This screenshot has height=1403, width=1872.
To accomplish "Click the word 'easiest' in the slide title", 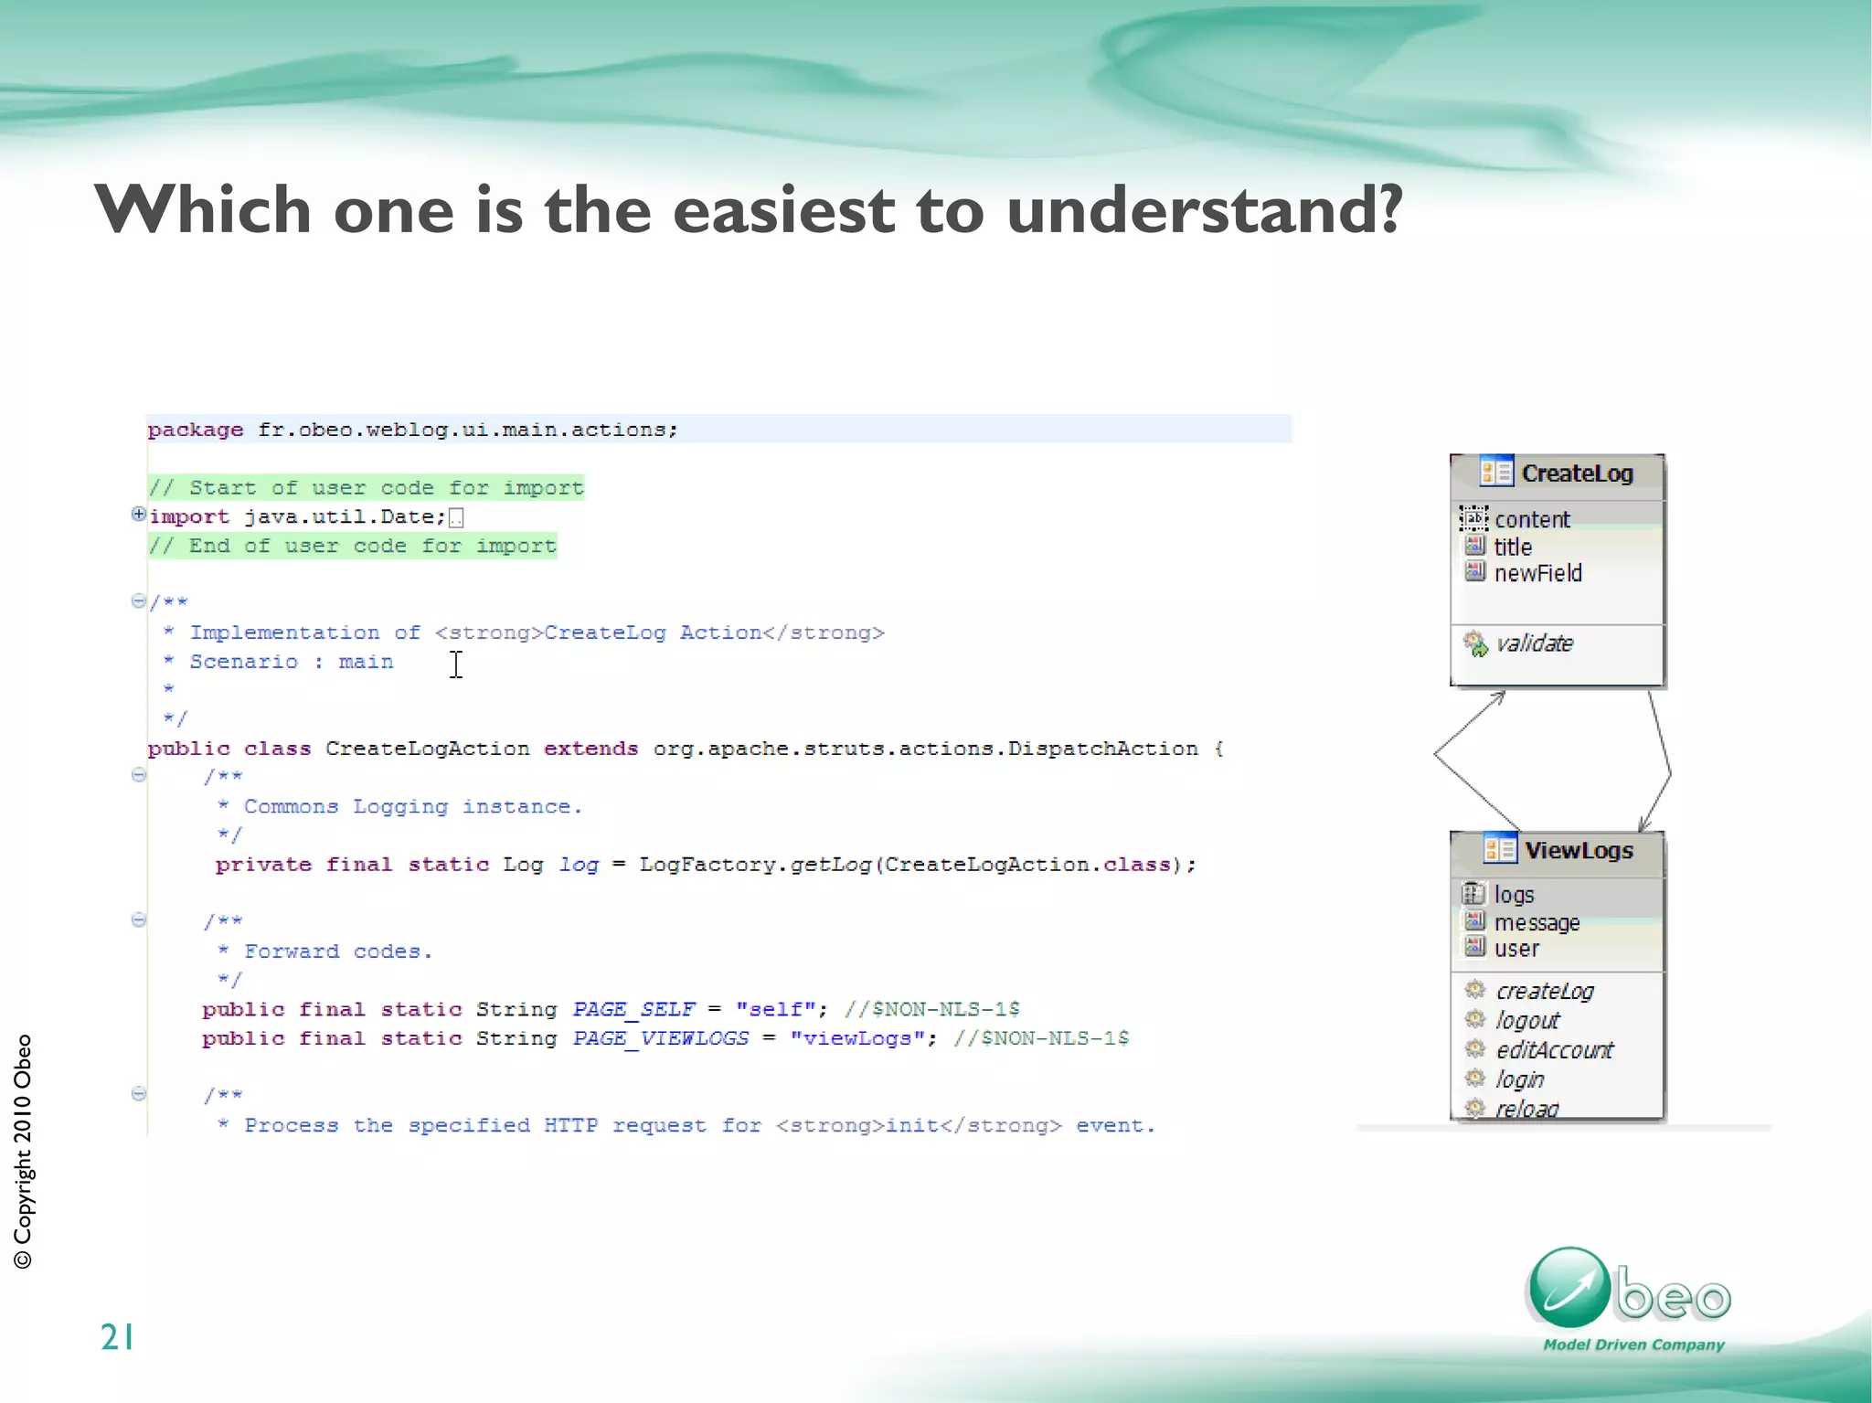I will pos(783,210).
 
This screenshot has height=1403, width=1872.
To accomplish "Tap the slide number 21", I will pos(117,1337).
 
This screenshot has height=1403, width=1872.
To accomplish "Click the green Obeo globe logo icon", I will pos(1569,1287).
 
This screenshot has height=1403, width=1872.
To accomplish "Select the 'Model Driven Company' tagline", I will pos(1633,1345).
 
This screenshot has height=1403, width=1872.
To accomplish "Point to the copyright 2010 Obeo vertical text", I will pos(23,1151).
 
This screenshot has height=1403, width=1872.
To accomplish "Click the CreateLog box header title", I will pos(1576,473).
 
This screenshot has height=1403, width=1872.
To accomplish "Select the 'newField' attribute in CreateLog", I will pos(1537,573).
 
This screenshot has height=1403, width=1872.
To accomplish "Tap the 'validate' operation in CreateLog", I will pos(1534,643).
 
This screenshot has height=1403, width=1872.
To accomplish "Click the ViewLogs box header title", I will pos(1578,850).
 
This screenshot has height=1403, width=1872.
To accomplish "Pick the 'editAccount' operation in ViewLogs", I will pos(1553,1050).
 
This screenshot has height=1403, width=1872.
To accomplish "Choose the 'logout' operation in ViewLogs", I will pos(1526,1020).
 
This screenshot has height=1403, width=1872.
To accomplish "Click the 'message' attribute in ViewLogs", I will pos(1536,922).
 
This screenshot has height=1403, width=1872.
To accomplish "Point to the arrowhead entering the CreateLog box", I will pos(1498,697).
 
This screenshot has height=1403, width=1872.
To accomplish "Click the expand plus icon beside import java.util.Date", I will pos(138,514).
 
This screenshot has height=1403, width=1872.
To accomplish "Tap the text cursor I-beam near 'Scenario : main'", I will pos(456,664).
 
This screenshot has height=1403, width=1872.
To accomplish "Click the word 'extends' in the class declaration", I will pos(590,749).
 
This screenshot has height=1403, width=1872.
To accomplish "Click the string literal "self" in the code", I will pos(775,1009).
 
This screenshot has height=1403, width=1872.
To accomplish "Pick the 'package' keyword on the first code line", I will pos(196,430).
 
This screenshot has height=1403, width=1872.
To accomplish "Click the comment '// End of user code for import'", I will pos(353,547).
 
